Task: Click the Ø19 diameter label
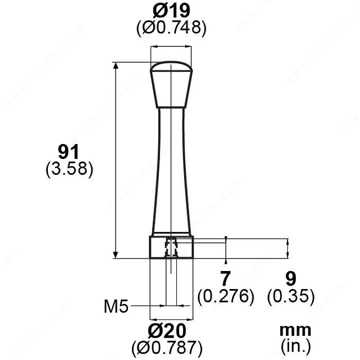171,11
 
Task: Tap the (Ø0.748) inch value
171,28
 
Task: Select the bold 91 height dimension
68,152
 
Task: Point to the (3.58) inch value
69,169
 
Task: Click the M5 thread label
116,307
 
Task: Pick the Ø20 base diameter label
167,331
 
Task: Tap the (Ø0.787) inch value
167,347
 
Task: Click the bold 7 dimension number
225,279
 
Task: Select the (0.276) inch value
226,296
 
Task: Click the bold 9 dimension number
291,279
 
